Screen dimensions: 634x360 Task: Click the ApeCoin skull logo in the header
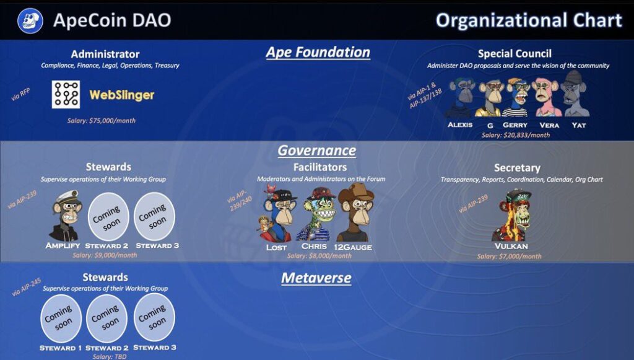30,20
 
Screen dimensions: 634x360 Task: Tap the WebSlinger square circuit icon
66,94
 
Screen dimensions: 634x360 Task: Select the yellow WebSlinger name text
122,95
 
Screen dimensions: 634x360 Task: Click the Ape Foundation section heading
318,52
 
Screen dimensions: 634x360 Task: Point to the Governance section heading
316,151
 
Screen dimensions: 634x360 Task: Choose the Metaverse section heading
316,278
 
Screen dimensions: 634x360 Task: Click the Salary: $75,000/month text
102,121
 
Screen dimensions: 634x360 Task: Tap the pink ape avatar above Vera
547,97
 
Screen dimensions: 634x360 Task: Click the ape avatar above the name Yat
575,94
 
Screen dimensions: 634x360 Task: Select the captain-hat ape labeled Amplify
64,216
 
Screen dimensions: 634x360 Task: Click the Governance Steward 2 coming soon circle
108,217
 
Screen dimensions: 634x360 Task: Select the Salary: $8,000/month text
319,256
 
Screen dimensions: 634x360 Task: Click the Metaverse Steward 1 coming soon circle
61,318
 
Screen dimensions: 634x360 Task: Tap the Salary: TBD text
109,356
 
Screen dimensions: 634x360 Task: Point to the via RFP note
20,95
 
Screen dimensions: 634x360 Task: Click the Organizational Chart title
529,20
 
